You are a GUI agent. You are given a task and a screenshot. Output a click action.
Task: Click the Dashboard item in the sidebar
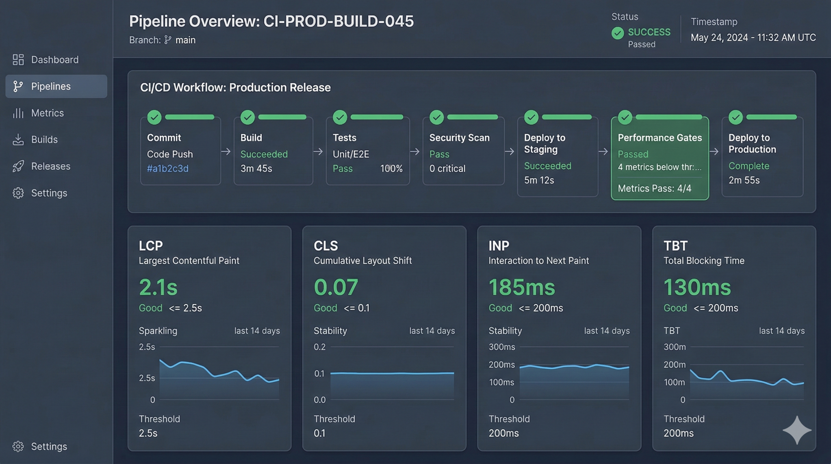(55, 60)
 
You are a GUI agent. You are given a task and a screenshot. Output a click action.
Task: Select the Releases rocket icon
(18, 166)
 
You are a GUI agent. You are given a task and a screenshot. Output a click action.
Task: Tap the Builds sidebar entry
(44, 140)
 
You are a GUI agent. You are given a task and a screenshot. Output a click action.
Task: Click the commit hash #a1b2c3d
(167, 169)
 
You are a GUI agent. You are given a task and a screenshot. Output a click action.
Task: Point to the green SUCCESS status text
(649, 32)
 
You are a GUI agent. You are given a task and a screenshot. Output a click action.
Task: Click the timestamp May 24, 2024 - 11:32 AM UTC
(753, 38)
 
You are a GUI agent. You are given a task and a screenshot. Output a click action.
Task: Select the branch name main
(185, 40)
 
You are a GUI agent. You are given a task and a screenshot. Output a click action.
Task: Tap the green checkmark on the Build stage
(247, 117)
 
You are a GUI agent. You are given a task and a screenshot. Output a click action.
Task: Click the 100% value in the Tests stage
(391, 169)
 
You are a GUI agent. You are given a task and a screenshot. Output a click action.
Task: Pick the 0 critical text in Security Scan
(447, 169)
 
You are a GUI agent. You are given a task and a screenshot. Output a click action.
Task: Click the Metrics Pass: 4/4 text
(654, 188)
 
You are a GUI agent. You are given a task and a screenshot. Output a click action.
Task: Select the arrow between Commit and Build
(226, 151)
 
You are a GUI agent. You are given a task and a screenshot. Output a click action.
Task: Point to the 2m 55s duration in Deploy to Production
(744, 180)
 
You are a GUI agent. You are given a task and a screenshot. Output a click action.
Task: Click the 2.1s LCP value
(158, 287)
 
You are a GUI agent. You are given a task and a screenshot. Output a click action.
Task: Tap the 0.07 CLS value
(336, 287)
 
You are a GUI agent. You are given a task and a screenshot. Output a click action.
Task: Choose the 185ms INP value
(522, 287)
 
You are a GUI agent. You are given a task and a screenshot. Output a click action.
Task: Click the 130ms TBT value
(697, 287)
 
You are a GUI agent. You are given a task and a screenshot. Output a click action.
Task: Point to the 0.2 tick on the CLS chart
(319, 347)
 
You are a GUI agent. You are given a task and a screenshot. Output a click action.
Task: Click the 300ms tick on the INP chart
(502, 347)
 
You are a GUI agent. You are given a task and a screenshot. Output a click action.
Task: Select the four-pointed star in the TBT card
(797, 430)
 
